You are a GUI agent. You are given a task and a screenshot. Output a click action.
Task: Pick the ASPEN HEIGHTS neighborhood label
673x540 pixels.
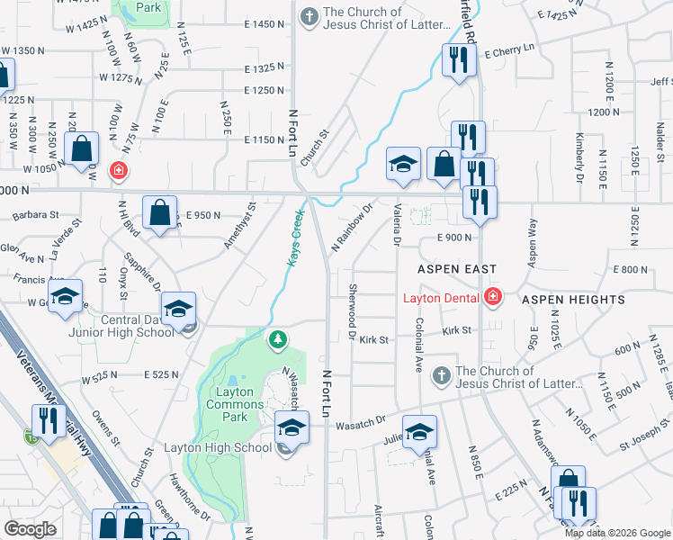click(573, 299)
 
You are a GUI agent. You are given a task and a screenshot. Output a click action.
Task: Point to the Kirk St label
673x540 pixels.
click(373, 340)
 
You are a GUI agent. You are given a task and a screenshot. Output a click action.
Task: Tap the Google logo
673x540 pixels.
click(30, 529)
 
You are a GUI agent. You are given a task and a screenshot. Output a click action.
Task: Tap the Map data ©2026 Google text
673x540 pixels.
click(618, 533)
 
